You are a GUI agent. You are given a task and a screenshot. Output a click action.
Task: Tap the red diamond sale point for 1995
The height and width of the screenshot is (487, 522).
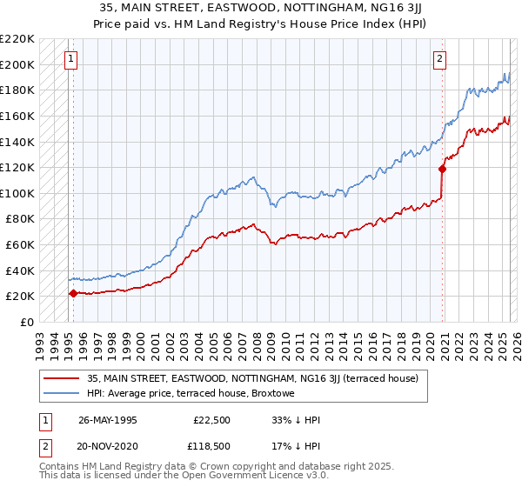click(x=72, y=293)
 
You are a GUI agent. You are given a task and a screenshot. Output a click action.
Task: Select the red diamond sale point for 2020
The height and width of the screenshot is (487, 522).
click(x=443, y=170)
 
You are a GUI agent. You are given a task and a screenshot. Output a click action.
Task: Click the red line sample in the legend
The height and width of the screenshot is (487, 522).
click(x=62, y=379)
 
